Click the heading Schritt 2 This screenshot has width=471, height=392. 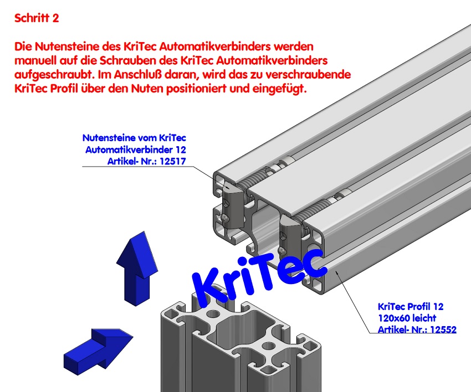[37, 18]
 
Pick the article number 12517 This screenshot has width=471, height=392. [170, 161]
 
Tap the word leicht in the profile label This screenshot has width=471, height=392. [424, 318]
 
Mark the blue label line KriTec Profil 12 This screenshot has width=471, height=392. [411, 306]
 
